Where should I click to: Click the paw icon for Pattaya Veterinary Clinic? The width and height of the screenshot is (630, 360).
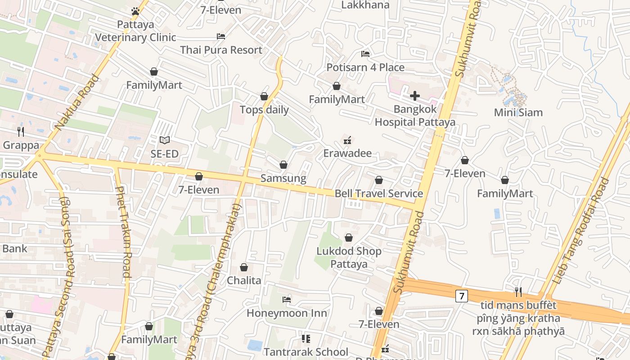[135, 11]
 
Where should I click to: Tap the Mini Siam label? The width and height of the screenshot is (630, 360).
[518, 112]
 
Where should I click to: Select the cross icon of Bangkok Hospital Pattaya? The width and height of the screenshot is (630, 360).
[415, 95]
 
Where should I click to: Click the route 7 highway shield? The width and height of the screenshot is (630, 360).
[461, 296]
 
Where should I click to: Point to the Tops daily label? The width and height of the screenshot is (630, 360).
[264, 110]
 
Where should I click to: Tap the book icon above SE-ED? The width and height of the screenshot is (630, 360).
[165, 140]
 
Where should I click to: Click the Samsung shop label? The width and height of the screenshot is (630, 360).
[283, 178]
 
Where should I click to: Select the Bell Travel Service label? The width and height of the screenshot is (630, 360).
[378, 193]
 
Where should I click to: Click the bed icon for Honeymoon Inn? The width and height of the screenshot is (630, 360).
[287, 299]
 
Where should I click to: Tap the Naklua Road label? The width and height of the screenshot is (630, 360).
[77, 103]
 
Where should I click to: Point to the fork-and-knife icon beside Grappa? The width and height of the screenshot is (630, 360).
[21, 131]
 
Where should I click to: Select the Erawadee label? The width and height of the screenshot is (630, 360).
[347, 153]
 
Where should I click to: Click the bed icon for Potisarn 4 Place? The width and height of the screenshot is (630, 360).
[365, 54]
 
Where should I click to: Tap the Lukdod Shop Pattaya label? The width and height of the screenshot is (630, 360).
[349, 257]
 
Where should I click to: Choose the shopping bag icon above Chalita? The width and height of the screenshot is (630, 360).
[244, 267]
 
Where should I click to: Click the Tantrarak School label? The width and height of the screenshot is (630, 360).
[306, 352]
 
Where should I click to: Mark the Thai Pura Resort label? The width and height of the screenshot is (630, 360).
[221, 50]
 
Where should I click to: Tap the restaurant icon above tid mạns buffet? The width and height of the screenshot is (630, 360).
[518, 292]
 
